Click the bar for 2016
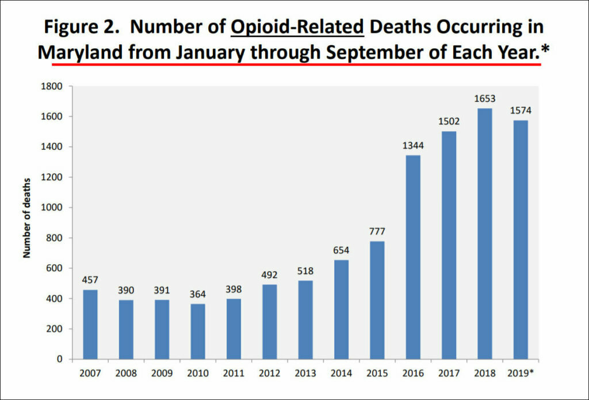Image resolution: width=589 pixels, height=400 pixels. [413, 257]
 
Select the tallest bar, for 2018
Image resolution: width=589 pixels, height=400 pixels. [484, 234]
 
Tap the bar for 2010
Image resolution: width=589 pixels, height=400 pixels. [197, 332]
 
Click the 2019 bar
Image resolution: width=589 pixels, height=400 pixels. [521, 240]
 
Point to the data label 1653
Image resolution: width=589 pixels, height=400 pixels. [484, 99]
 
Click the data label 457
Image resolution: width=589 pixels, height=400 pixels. [90, 280]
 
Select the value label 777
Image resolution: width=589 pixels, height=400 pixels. [377, 232]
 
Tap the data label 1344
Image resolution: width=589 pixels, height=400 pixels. [413, 146]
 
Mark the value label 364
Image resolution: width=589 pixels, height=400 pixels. [197, 295]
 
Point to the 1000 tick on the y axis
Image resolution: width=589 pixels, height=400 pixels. [55, 208]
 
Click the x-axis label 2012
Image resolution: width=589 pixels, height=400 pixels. [269, 372]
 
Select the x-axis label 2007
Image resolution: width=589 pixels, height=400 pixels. [90, 372]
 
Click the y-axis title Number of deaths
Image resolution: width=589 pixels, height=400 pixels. [27, 222]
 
